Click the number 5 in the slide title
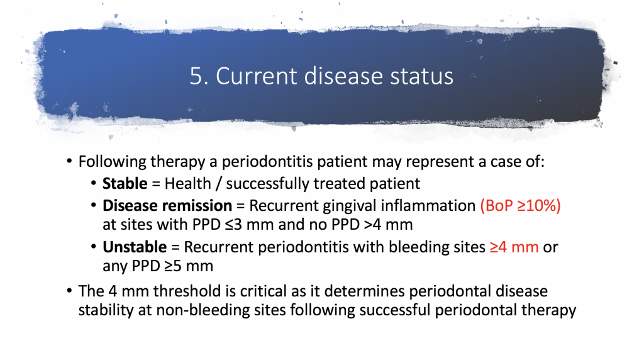tap(195, 76)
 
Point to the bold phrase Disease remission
tap(167, 206)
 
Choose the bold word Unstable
tap(134, 247)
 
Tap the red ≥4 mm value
tap(513, 247)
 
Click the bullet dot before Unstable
tap(94, 247)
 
